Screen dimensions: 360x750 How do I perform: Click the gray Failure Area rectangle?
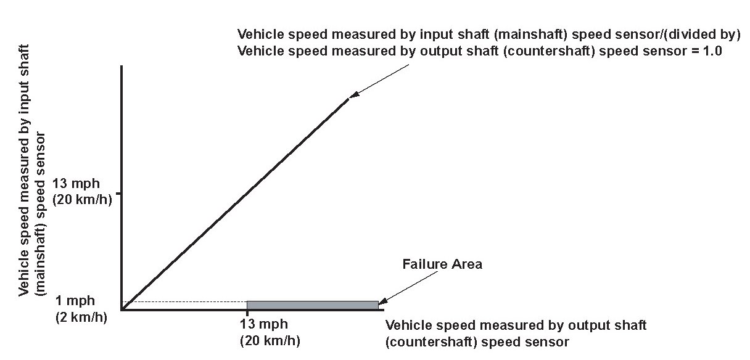(x=312, y=305)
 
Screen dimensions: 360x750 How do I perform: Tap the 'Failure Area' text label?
(x=442, y=264)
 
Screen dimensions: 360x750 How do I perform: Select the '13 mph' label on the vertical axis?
(x=82, y=184)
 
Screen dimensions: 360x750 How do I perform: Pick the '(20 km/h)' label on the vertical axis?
(x=82, y=200)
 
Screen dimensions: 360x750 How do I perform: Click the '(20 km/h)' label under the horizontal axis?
(x=270, y=340)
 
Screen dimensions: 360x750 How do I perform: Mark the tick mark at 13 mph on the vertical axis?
(x=119, y=194)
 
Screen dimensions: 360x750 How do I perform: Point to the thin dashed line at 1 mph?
(x=185, y=301)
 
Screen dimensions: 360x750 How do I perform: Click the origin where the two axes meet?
(x=122, y=309)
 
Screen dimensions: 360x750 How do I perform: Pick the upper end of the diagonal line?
(x=348, y=99)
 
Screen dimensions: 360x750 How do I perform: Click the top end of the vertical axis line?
(x=122, y=65)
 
